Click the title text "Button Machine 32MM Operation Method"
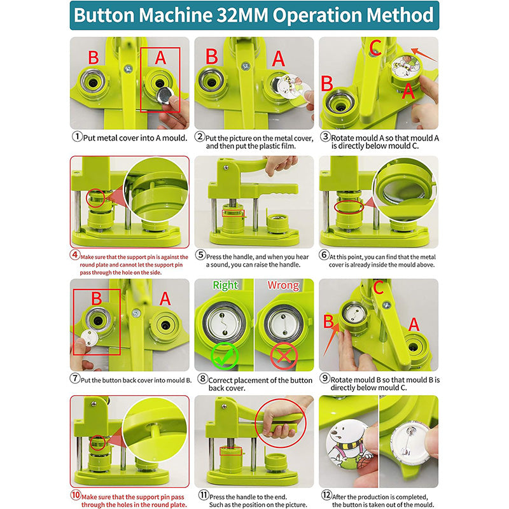[x=254, y=15]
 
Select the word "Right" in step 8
[x=225, y=286]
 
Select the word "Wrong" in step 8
[x=282, y=286]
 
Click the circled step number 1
[x=78, y=136]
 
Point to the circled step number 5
[x=200, y=255]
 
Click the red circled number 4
[x=74, y=255]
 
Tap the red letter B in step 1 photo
[x=93, y=57]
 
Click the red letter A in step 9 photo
[x=414, y=324]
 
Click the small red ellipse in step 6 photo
[x=347, y=207]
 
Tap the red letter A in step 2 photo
[x=279, y=58]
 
